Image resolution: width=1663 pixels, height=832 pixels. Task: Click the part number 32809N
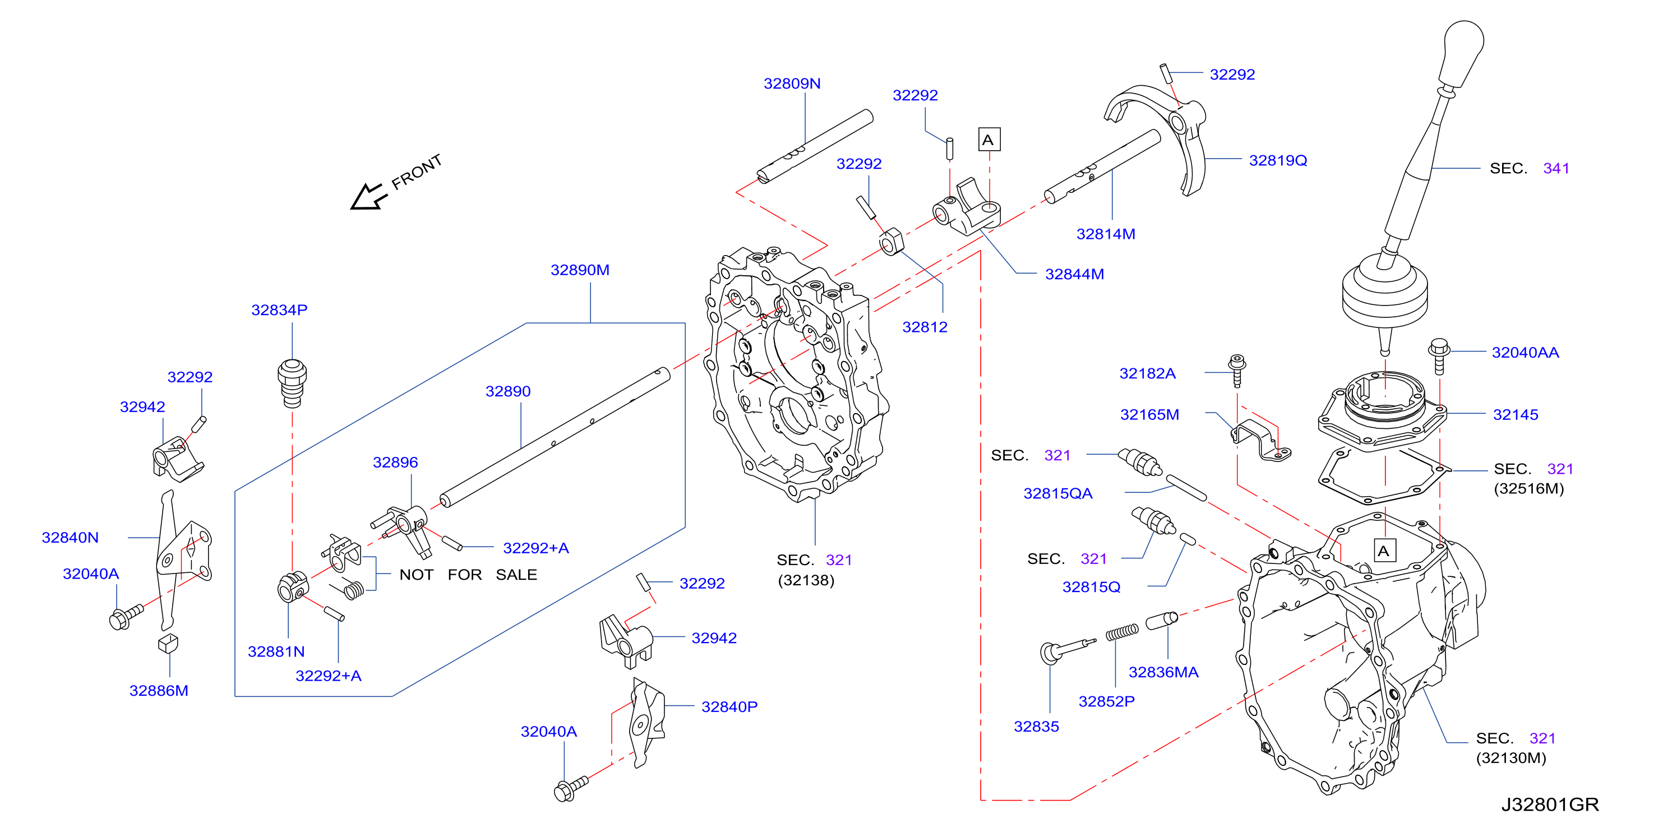point(792,84)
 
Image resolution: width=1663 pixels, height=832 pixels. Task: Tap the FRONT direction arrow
point(368,196)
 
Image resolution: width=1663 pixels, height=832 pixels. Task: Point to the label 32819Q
point(1278,160)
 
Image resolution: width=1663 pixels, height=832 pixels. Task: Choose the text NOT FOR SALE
point(468,575)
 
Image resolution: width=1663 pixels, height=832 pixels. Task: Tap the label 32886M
point(159,691)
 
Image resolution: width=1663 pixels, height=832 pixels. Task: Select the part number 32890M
point(580,270)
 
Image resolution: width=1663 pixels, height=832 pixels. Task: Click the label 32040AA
point(1525,353)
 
